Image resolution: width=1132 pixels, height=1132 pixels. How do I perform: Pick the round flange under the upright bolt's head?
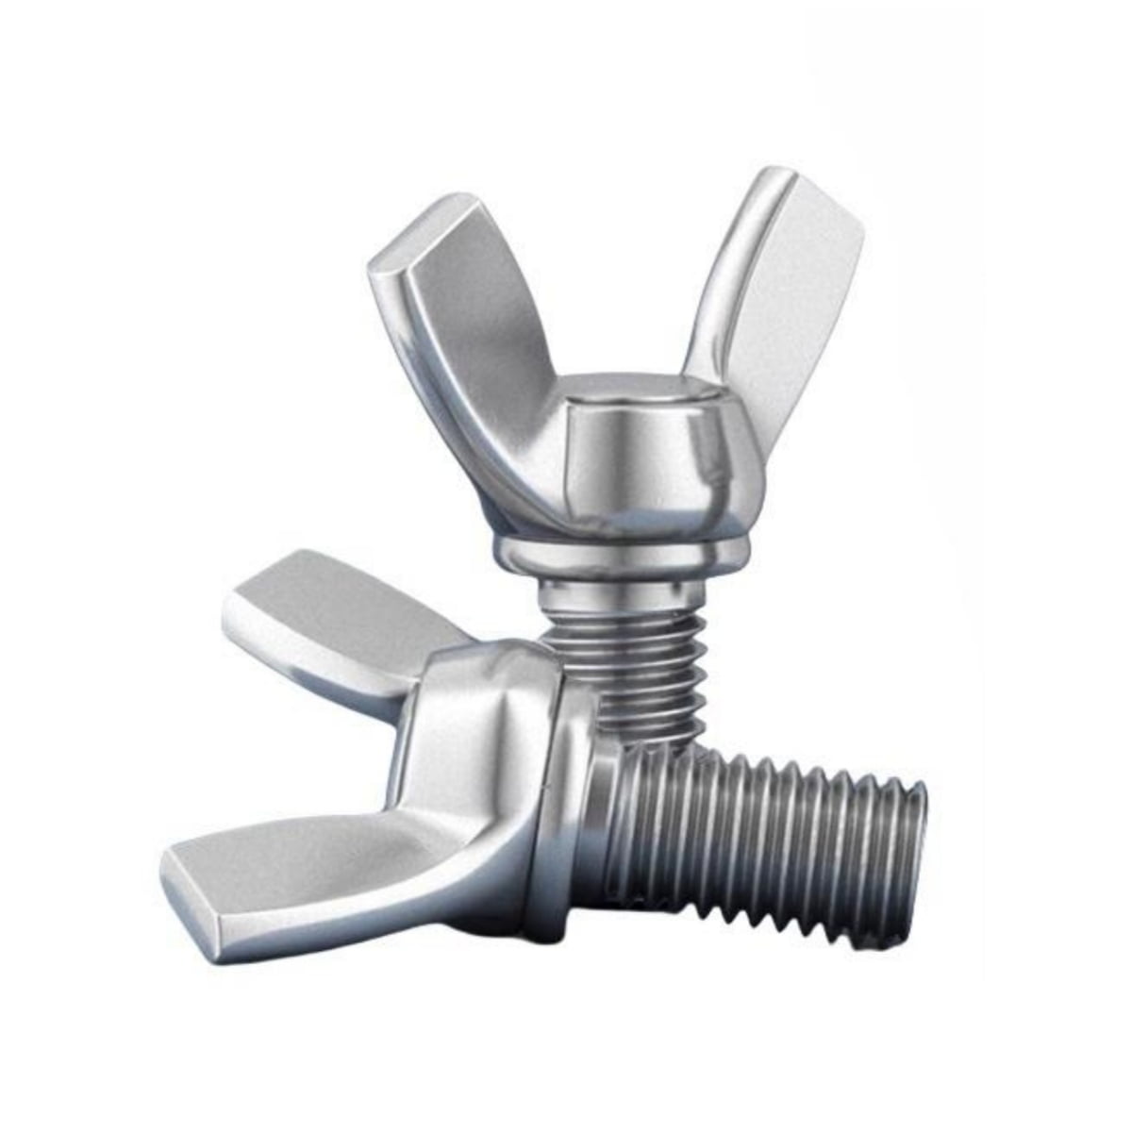point(623,557)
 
